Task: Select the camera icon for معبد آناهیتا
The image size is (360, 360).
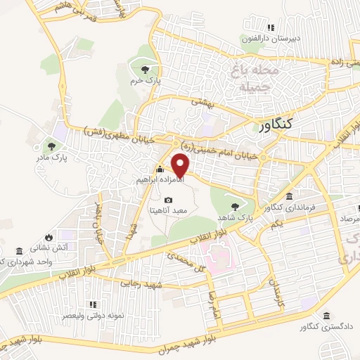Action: coord(168,200)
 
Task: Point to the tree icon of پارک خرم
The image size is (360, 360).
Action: coord(146,69)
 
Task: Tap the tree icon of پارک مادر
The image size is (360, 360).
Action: coord(51,146)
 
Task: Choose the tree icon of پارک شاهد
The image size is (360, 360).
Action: coord(235,207)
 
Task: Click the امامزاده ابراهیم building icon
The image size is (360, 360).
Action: coord(160,169)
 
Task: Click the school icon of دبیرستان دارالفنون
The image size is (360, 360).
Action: coord(269,28)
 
